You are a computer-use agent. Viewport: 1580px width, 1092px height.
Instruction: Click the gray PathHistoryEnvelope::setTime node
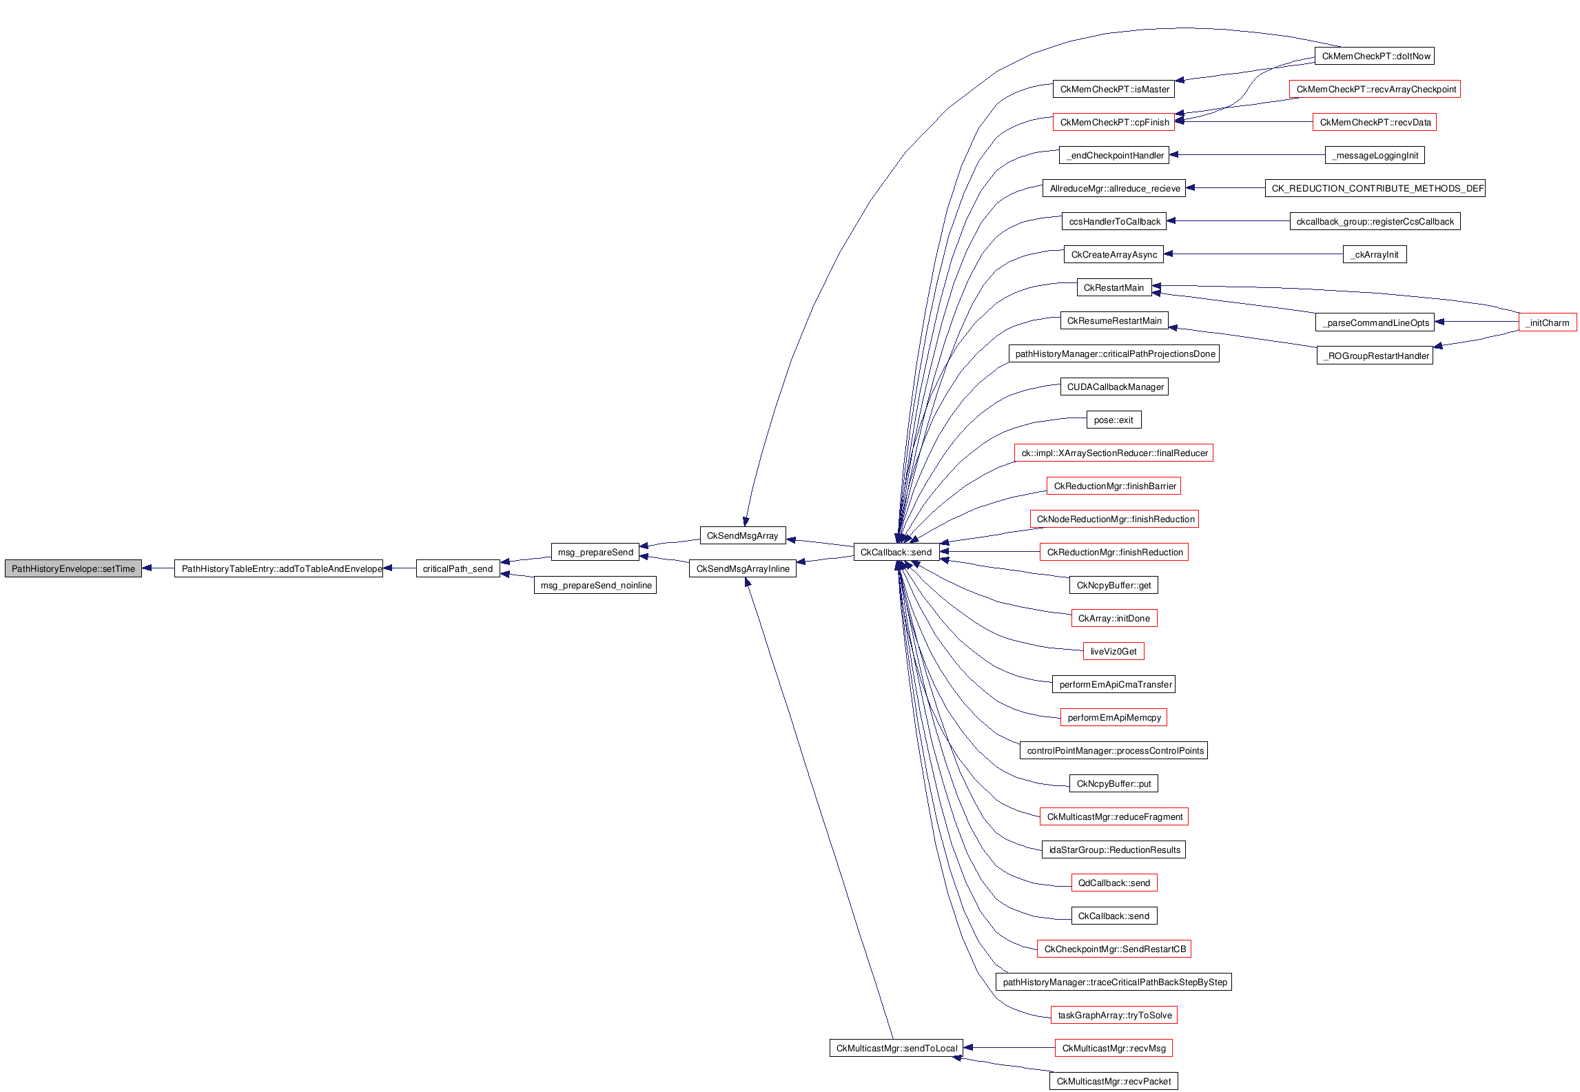(x=73, y=568)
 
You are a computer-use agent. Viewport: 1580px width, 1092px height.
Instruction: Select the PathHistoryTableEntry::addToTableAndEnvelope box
(x=278, y=568)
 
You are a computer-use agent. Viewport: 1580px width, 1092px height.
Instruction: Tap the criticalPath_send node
(x=458, y=568)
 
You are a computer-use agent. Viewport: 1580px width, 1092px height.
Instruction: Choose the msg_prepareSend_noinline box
(x=595, y=585)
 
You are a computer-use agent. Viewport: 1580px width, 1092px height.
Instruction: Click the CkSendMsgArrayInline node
(x=742, y=568)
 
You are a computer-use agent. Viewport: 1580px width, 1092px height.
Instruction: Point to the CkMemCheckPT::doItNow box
(x=1375, y=56)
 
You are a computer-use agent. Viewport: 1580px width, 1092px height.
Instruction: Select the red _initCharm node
(x=1547, y=322)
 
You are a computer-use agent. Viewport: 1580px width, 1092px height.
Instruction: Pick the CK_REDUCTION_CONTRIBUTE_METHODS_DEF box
(x=1375, y=188)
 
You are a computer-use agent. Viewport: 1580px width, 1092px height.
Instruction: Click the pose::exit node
(x=1114, y=420)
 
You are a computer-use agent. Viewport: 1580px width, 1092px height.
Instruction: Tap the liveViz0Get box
(x=1114, y=651)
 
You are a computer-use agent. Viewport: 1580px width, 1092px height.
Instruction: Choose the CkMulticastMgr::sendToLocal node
(x=896, y=1048)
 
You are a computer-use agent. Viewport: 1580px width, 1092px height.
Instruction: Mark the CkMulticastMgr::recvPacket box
(x=1114, y=1081)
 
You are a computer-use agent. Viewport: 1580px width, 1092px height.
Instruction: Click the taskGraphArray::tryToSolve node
(x=1114, y=1015)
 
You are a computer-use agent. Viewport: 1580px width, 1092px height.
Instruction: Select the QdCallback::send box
(x=1114, y=883)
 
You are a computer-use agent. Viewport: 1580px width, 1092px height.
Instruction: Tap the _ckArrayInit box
(x=1375, y=254)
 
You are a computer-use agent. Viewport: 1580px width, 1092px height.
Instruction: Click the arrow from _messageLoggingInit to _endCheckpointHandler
(x=1247, y=155)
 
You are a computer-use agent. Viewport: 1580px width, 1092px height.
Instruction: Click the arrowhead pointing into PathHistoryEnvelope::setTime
(x=147, y=568)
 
